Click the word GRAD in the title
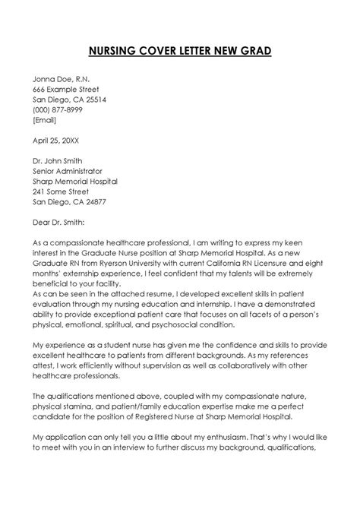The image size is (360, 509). [270, 51]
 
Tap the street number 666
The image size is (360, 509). [39, 88]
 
